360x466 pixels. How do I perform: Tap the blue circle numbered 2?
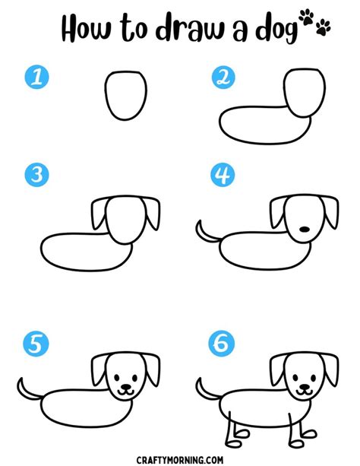[222, 77]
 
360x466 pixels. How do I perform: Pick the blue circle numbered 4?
[222, 176]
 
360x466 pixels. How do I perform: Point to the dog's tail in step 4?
[204, 229]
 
